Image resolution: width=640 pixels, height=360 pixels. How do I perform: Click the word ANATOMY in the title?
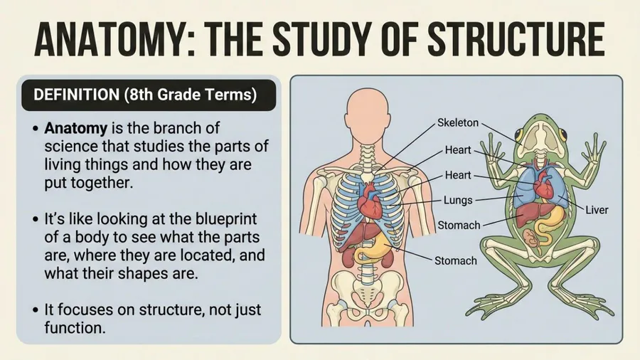pos(110,40)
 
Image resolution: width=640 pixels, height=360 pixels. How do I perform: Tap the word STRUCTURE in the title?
pos(516,40)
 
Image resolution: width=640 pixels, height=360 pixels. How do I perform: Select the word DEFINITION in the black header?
pos(76,95)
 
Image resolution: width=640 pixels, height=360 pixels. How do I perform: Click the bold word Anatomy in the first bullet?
pos(76,129)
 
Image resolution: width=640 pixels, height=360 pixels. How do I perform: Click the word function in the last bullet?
pos(75,328)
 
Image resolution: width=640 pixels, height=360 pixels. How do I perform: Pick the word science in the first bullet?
pos(70,147)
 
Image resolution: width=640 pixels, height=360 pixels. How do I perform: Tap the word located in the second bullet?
pos(202,255)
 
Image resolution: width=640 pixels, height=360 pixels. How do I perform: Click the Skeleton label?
pos(457,122)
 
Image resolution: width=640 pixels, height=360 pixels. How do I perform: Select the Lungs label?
pos(458,200)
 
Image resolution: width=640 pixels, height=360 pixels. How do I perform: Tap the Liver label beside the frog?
pos(597,210)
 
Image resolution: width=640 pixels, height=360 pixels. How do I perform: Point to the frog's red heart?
pos(543,184)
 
